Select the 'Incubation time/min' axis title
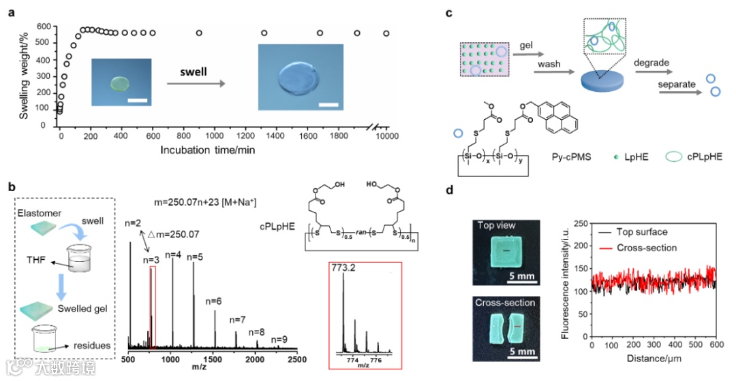pos(209,149)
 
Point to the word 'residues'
pos(91,345)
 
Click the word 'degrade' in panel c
pos(651,63)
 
